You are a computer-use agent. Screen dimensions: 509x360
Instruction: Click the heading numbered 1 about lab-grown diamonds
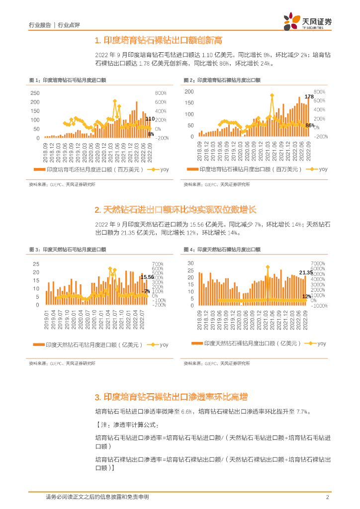pyautogui.click(x=158, y=40)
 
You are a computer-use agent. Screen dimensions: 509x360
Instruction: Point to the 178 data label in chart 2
pyautogui.click(x=309, y=96)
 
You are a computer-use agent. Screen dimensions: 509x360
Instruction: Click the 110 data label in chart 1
pyautogui.click(x=150, y=119)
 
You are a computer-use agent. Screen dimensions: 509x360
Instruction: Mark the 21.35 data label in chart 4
pyautogui.click(x=306, y=272)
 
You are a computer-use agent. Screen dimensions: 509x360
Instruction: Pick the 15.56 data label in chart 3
pyautogui.click(x=147, y=277)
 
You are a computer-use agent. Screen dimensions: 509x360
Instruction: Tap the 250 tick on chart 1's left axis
pyautogui.click(x=35, y=93)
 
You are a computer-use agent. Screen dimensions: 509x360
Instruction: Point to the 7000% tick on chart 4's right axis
pyautogui.click(x=318, y=263)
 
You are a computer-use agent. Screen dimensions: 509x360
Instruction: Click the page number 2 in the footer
pyautogui.click(x=327, y=497)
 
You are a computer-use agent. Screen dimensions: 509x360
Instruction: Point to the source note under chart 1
pyautogui.click(x=63, y=184)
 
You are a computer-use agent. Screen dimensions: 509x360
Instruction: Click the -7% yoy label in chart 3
pyautogui.click(x=146, y=291)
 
